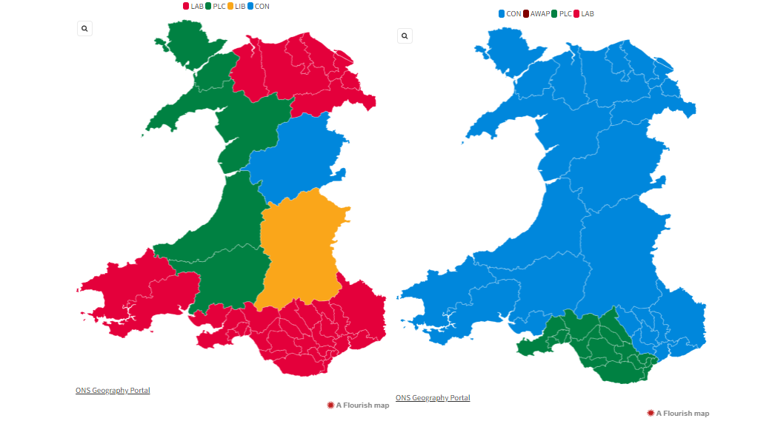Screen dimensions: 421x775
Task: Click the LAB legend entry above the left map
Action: click(193, 6)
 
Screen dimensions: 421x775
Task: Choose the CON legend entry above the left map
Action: click(258, 6)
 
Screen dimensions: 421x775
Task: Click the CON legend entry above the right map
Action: click(510, 14)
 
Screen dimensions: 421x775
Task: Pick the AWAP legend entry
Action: click(536, 14)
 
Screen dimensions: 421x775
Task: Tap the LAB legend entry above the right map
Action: click(583, 14)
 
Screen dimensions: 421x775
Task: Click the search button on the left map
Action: click(84, 28)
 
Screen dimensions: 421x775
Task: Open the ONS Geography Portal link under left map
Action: click(113, 390)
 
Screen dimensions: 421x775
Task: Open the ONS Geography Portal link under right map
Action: click(433, 397)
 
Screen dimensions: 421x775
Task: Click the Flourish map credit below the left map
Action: click(358, 405)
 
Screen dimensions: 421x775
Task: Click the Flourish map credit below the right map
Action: click(678, 413)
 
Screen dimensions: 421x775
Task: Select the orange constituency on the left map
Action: click(300, 248)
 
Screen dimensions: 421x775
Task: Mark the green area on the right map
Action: click(593, 348)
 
